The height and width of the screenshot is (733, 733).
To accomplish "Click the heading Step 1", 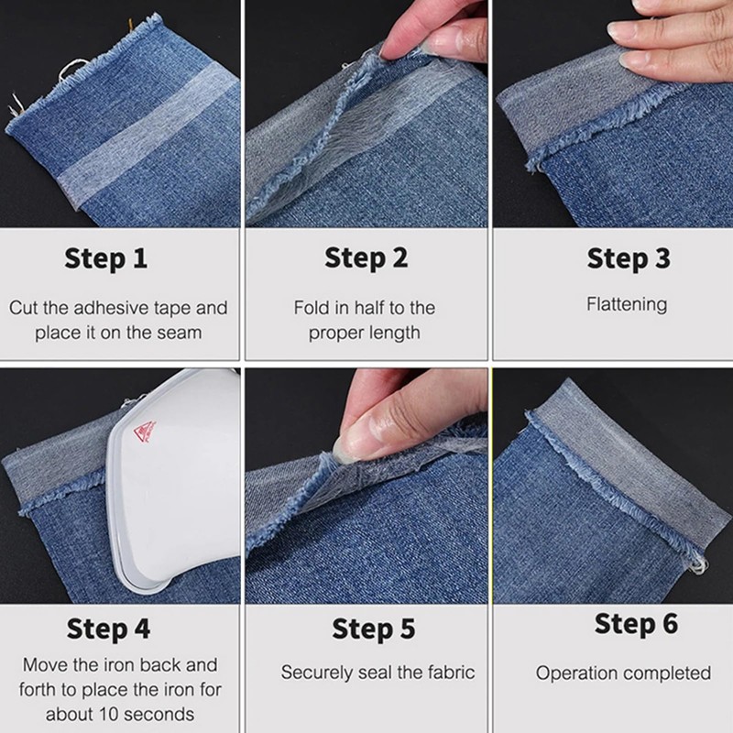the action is (x=106, y=259).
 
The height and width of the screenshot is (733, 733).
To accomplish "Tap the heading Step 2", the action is (x=366, y=258).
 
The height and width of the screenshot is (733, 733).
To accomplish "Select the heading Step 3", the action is (x=629, y=259).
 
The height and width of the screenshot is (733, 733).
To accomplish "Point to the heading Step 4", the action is (x=108, y=629).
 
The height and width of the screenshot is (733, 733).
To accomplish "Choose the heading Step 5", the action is (x=374, y=629).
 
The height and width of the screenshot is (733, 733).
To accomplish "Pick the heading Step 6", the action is (x=636, y=624).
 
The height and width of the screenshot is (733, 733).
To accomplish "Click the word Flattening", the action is (x=627, y=305).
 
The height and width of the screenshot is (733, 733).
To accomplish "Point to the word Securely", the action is (x=316, y=673).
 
